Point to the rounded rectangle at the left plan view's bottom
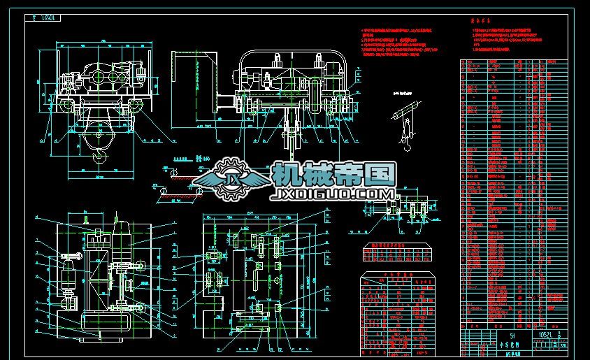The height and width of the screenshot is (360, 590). tap(101, 324)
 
